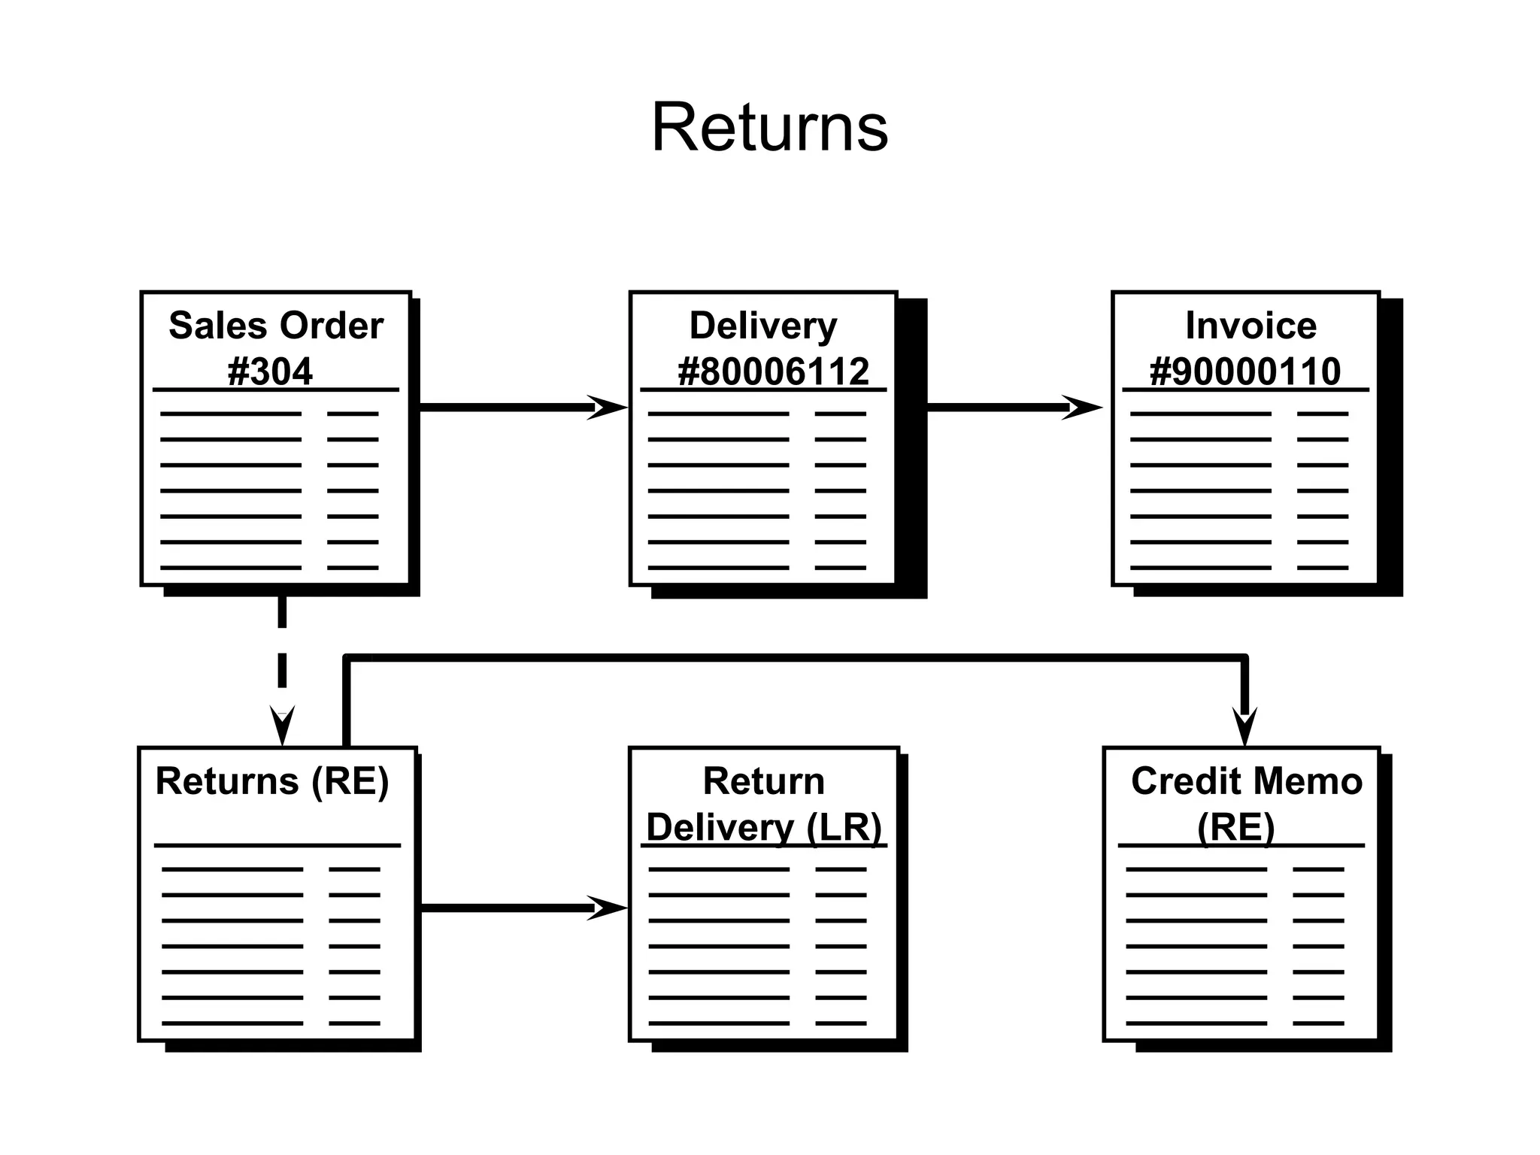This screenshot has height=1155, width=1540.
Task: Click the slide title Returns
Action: coord(769,128)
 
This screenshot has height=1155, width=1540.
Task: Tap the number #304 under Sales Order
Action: coord(270,371)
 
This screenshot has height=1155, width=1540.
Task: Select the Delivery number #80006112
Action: coord(773,371)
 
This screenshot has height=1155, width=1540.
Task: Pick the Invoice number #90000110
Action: coord(1245,371)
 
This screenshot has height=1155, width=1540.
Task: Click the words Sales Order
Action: coord(276,326)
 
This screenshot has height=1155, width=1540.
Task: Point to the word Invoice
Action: coord(1250,326)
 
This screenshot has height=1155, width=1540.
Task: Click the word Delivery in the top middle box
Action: coord(763,326)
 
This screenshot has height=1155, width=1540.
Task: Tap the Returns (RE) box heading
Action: coord(271,781)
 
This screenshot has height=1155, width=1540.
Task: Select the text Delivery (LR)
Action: coord(764,827)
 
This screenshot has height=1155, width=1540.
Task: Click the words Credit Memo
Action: coord(1247,781)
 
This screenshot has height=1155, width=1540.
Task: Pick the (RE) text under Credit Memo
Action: coord(1236,827)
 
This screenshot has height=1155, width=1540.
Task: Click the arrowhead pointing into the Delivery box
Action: coord(609,408)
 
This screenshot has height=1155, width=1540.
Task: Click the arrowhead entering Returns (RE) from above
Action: coord(282,726)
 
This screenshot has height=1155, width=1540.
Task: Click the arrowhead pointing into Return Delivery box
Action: coord(609,908)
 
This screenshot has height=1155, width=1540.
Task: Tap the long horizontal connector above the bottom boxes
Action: coord(790,658)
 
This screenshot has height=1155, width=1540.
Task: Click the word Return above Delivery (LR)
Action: coord(763,781)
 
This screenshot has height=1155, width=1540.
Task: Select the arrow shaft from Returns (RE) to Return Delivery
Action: coord(504,908)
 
